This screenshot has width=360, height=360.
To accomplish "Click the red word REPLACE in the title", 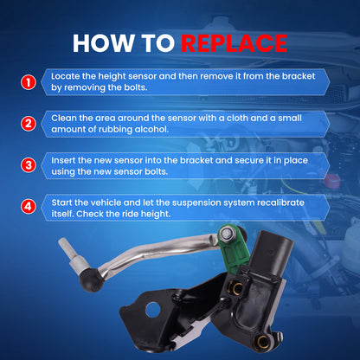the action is (234, 43).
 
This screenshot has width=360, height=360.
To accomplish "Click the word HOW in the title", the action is (103, 43).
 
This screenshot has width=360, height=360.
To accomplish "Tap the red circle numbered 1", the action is (29, 82).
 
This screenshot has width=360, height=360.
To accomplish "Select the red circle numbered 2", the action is (29, 124).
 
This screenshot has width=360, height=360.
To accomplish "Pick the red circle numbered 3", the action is (29, 165).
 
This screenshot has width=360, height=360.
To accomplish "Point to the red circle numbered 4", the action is (29, 207).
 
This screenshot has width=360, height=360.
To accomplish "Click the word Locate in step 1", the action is (65, 76).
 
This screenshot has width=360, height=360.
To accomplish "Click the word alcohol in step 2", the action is (151, 129).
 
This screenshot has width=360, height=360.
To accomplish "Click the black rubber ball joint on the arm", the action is (91, 279).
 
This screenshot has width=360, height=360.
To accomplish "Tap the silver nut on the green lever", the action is (226, 234).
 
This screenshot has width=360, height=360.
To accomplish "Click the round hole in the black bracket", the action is (153, 309).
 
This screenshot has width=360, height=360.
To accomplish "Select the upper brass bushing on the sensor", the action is (236, 288).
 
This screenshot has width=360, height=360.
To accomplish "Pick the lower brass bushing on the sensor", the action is (262, 342).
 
